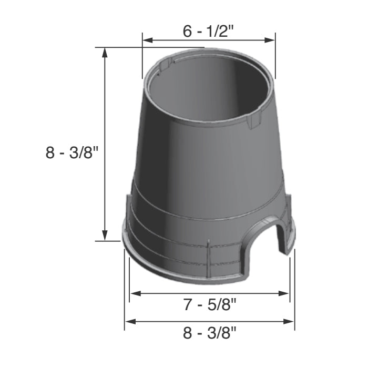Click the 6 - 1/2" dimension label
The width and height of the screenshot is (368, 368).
tap(208, 31)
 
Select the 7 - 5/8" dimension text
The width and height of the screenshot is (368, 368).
tap(209, 304)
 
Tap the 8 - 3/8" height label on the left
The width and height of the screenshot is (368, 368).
tap(73, 153)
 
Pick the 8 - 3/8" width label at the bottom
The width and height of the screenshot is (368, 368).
tap(209, 332)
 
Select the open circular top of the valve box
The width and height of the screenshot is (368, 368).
tap(209, 89)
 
